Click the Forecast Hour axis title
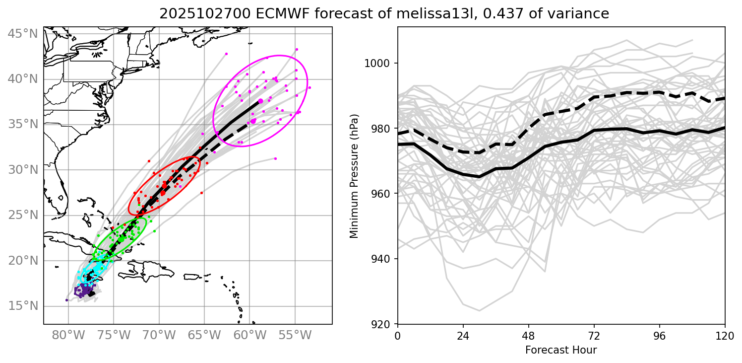click(561, 350)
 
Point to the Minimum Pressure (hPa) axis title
click(355, 176)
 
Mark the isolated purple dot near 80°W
click(66, 300)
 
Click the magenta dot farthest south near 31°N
click(275, 159)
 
